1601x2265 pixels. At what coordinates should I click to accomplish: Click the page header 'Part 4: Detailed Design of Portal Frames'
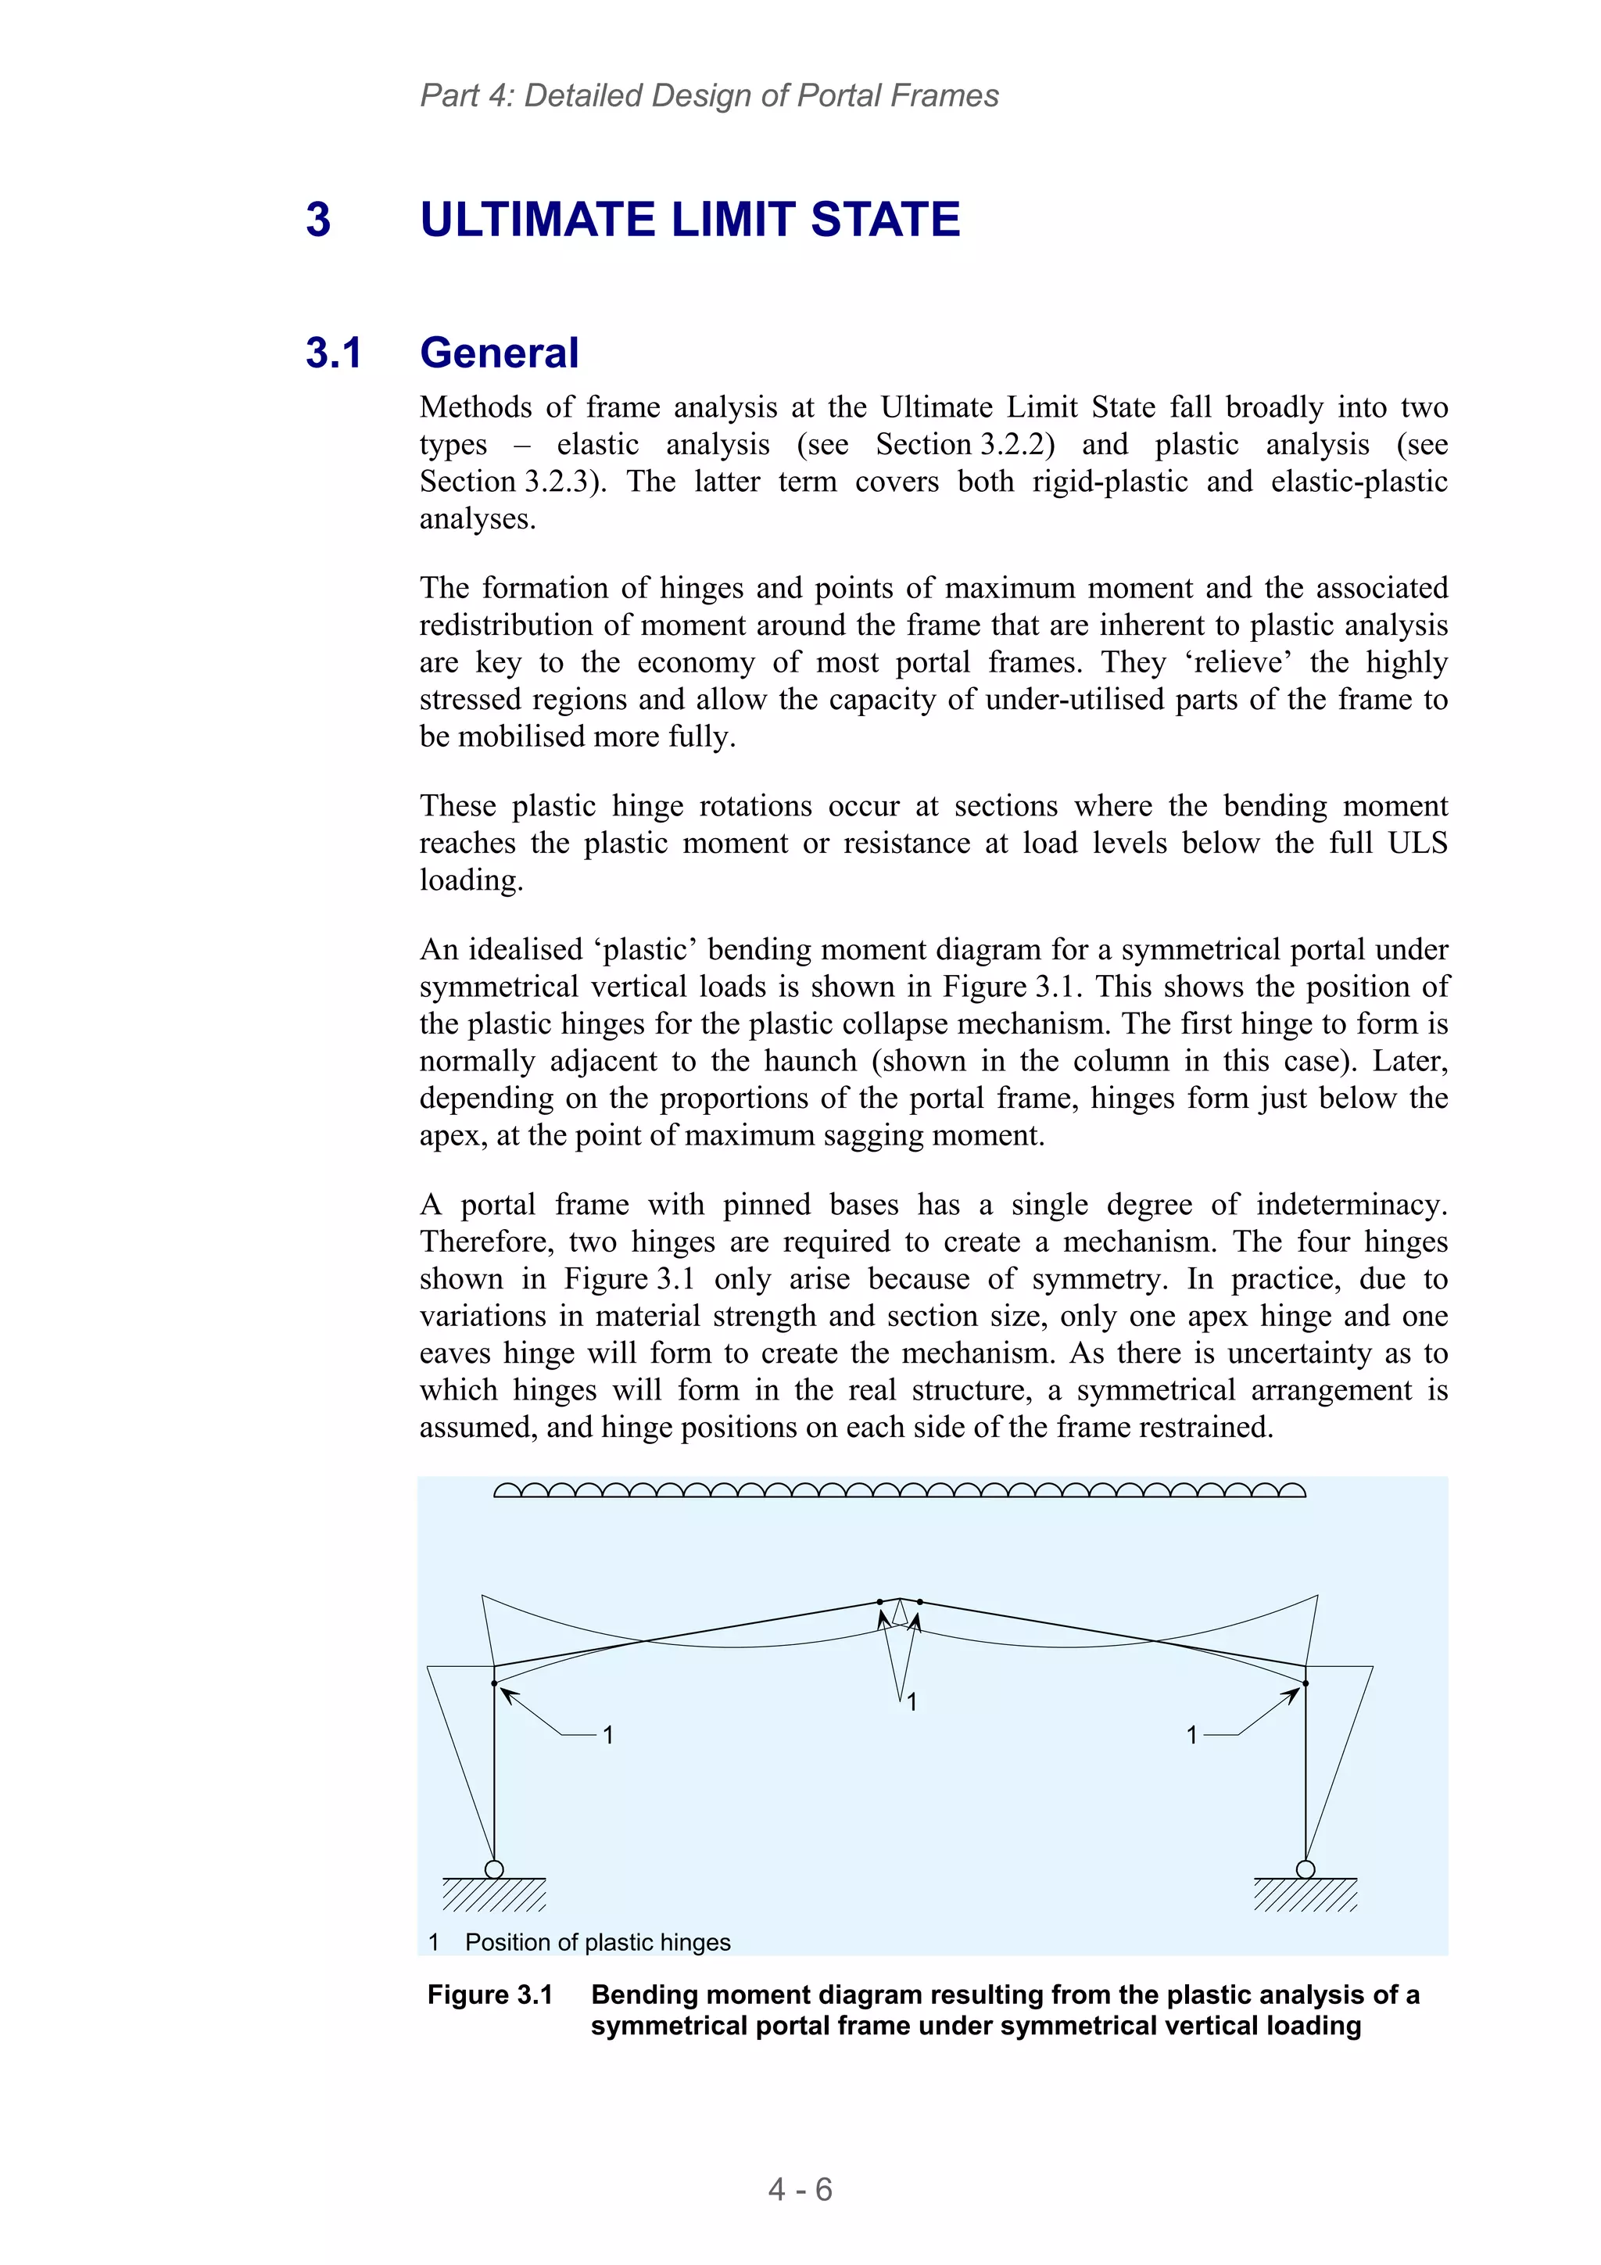coord(708,95)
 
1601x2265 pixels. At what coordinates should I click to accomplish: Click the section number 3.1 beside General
coord(334,353)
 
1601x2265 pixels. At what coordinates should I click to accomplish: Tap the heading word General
coord(500,353)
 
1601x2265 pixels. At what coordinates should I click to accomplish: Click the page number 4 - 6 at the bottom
coord(800,2189)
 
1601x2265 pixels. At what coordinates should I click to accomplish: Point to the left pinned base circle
coord(494,1869)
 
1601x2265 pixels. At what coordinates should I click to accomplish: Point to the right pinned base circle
coord(1305,1869)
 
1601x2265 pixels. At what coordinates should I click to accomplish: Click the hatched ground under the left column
coord(494,1894)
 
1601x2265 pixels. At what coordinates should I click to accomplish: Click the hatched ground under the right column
coord(1305,1894)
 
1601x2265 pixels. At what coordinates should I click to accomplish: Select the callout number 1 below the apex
coord(912,1702)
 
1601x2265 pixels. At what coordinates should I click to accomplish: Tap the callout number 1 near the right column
coord(1191,1734)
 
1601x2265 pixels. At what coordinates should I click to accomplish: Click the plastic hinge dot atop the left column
coord(494,1683)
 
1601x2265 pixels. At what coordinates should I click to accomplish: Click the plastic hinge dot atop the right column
coord(1305,1683)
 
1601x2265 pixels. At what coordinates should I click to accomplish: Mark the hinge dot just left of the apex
coord(880,1602)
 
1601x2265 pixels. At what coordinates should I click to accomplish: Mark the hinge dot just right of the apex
coord(919,1602)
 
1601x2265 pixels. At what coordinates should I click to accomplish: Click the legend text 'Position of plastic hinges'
coord(598,1941)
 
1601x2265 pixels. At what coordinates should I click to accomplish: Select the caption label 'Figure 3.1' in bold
coord(489,1994)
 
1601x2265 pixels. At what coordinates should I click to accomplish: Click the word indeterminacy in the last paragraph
coord(1352,1205)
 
